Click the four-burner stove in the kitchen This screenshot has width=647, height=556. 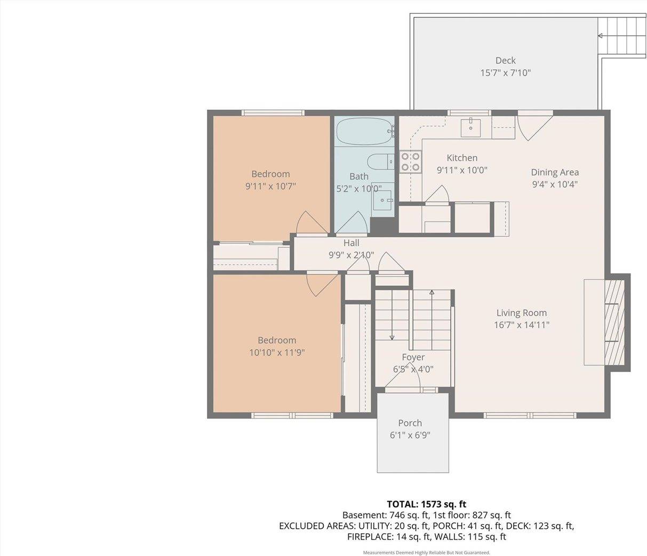pyautogui.click(x=410, y=162)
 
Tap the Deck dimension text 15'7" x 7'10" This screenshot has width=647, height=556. pyautogui.click(x=505, y=72)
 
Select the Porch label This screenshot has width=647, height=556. pyautogui.click(x=410, y=423)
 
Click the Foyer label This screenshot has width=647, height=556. pyautogui.click(x=413, y=357)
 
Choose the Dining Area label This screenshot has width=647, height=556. pyautogui.click(x=554, y=172)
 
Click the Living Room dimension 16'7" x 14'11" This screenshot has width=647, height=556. pyautogui.click(x=521, y=325)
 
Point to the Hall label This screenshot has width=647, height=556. pyautogui.click(x=351, y=243)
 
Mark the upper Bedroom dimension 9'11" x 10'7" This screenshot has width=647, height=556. pyautogui.click(x=270, y=186)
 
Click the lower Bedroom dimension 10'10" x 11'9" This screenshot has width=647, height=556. pyautogui.click(x=277, y=352)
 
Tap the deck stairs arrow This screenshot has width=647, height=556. pyautogui.click(x=601, y=36)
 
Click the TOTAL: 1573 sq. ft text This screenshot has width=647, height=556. pyautogui.click(x=426, y=504)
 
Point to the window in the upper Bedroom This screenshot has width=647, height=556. pyautogui.click(x=273, y=112)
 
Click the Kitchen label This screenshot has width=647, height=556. pyautogui.click(x=462, y=158)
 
